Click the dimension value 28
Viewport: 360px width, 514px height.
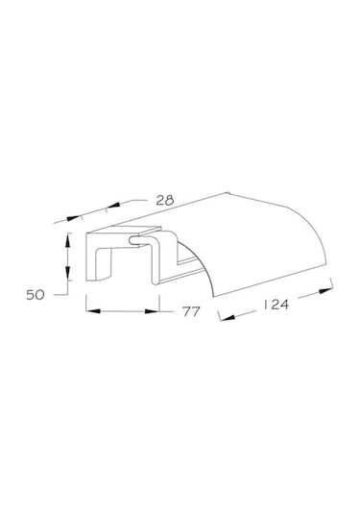165,200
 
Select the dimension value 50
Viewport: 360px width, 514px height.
36,295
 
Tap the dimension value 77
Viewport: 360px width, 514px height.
191,311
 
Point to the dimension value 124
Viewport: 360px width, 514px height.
276,305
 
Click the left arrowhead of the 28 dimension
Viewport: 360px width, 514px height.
73,218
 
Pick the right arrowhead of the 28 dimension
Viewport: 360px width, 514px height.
112,206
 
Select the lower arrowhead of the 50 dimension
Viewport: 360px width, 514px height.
67,273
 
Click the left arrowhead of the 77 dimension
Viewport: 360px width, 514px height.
93,310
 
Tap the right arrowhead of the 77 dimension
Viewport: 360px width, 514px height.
152,311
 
